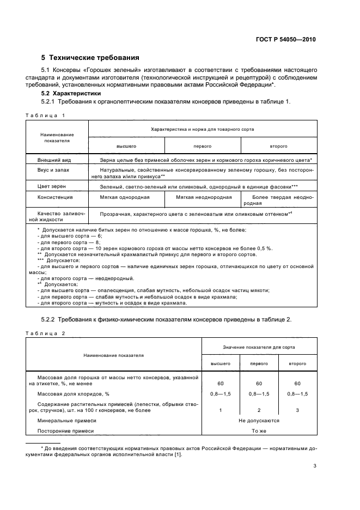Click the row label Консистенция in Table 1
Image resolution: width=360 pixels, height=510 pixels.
tap(55, 197)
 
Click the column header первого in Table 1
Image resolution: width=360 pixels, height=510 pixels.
tap(202, 147)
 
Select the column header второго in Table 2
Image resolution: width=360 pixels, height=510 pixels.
tap(297, 363)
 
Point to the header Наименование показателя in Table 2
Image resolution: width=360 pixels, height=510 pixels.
tap(113, 355)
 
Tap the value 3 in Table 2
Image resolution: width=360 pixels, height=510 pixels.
tap(297, 410)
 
